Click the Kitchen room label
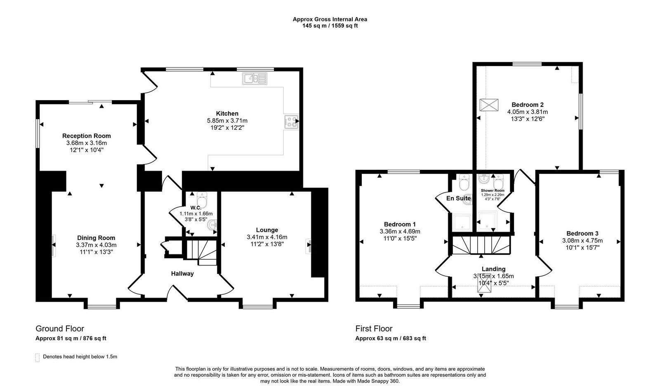tap(227, 113)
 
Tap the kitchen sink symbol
tap(255, 78)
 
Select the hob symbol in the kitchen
tap(291, 122)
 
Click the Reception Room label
tap(87, 136)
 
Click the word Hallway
tap(182, 273)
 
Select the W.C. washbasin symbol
tap(212, 225)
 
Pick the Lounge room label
tap(267, 230)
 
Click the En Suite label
tap(458, 198)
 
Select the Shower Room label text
tap(493, 190)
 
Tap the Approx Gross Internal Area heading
tap(330, 19)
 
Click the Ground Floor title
tap(60, 329)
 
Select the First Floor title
tap(374, 329)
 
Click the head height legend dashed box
tap(38, 357)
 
